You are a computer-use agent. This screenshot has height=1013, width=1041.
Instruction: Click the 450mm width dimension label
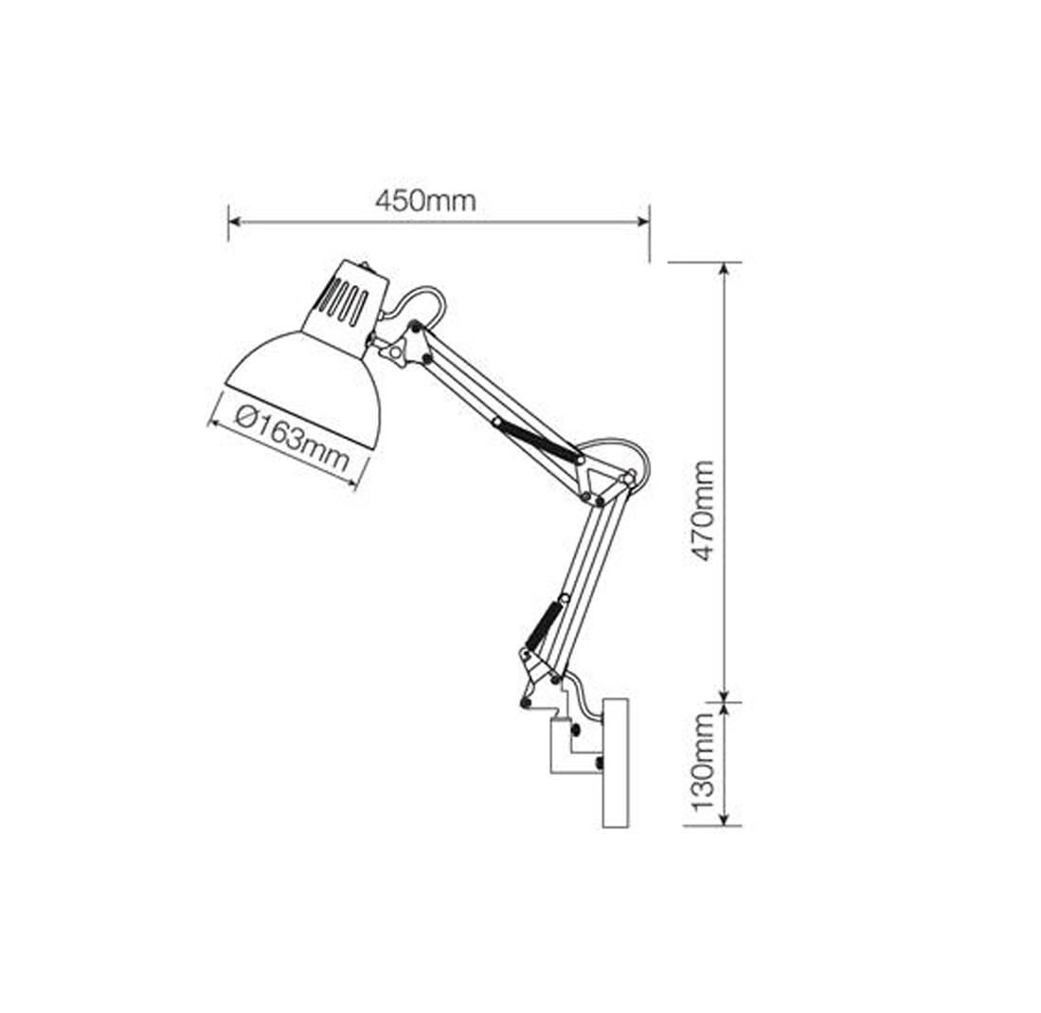(x=425, y=200)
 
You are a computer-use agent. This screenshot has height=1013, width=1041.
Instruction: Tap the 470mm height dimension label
(x=703, y=510)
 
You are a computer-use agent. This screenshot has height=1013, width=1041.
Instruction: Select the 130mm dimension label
(x=703, y=763)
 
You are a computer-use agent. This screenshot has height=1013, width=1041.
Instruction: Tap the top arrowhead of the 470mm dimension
(x=725, y=269)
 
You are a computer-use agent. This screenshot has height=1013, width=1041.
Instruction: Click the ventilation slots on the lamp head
(x=343, y=301)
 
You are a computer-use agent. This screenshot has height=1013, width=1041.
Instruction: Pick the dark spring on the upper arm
(x=533, y=441)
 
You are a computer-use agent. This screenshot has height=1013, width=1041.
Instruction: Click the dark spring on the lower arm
(x=545, y=626)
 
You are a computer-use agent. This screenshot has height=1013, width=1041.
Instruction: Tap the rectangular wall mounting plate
(x=616, y=763)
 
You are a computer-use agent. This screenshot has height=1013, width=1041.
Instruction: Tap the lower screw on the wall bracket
(x=599, y=762)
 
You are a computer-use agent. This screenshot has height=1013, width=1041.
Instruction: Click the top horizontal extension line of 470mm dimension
(x=704, y=262)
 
